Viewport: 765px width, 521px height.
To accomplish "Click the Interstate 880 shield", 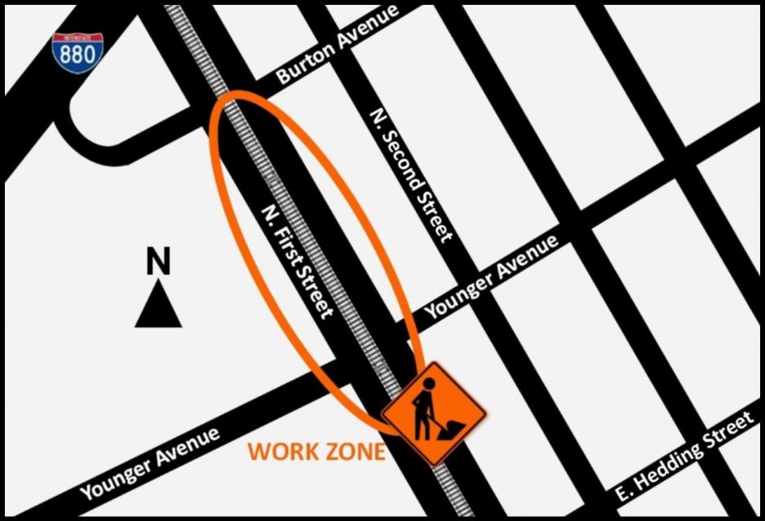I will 77,54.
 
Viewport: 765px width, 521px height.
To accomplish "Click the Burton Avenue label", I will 337,46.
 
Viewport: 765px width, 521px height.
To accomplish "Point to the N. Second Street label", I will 410,174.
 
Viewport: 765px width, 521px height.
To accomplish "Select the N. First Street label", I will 297,260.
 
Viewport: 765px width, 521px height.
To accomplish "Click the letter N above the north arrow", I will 158,263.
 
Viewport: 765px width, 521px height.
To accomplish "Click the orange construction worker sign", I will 433,413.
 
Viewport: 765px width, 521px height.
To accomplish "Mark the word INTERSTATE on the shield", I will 77,38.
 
